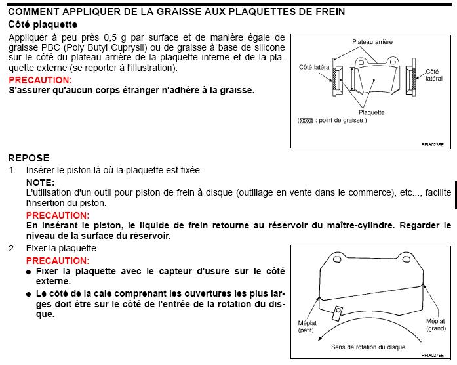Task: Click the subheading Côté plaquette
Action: (43, 24)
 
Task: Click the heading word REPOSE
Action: (29, 158)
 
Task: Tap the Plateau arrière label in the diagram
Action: (372, 41)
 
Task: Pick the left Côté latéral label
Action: (313, 67)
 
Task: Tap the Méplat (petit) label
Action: (307, 326)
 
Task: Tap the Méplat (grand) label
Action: (436, 324)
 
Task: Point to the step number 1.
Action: (12, 170)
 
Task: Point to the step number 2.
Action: (12, 248)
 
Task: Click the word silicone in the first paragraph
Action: (267, 48)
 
